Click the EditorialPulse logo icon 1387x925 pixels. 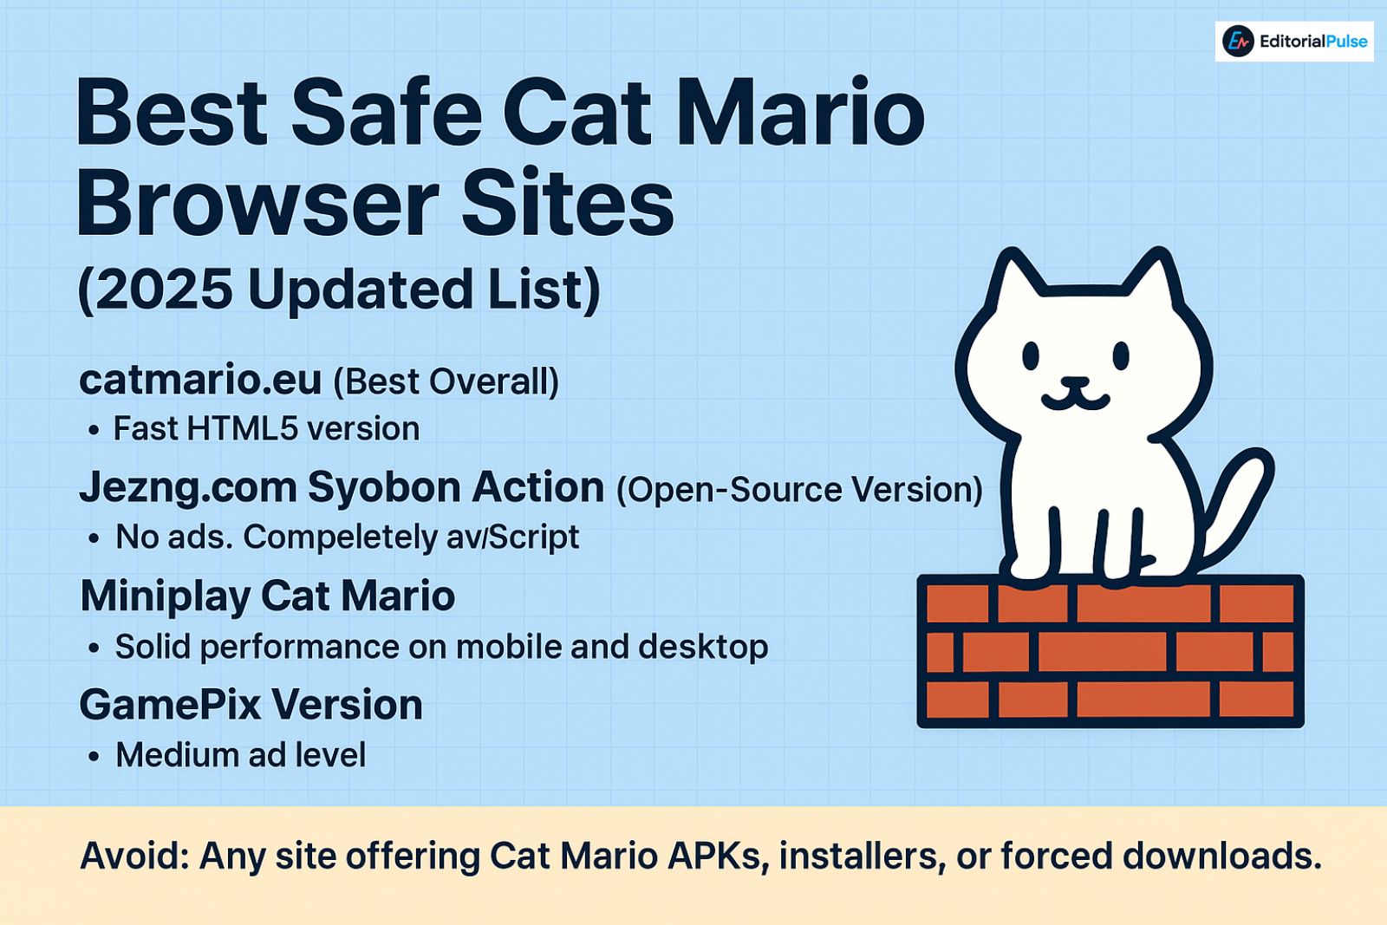[x=1238, y=41]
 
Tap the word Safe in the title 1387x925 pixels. [x=386, y=114]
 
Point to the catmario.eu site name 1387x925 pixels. [x=200, y=380]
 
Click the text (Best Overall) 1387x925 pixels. [x=446, y=381]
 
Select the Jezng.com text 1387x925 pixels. [x=187, y=488]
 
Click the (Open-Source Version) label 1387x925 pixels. [x=799, y=490]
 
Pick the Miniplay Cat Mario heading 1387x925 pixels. [x=267, y=596]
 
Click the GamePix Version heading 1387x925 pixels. [x=251, y=705]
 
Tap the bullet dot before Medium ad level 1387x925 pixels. [x=94, y=757]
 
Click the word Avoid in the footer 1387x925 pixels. [x=133, y=857]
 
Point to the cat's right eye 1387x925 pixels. [x=1121, y=355]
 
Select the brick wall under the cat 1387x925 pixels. [x=1110, y=651]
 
